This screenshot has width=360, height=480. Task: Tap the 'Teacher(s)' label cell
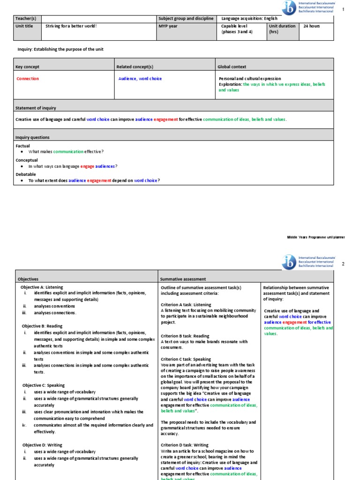tap(26, 18)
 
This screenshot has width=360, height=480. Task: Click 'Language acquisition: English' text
tap(249, 18)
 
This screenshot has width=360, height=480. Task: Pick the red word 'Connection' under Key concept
tap(28, 79)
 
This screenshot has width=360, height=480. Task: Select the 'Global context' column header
tap(232, 67)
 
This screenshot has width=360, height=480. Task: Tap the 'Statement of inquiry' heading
tap(36, 108)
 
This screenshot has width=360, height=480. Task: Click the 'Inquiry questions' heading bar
tap(32, 137)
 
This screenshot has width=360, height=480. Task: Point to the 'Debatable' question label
tap(26, 174)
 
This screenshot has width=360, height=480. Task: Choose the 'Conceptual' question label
tap(27, 160)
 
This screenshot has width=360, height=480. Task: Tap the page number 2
tap(343, 264)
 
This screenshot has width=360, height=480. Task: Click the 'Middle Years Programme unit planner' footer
tap(315, 237)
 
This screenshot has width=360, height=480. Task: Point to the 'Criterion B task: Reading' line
tap(185, 336)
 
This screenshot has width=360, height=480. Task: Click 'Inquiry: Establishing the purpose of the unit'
tap(60, 49)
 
